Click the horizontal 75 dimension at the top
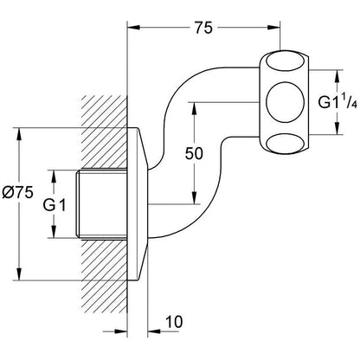coord(203,28)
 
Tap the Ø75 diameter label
coord(18,192)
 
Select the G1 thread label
coord(55,205)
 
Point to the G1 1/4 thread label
coord(337,101)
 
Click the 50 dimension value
coord(194,153)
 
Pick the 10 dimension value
coord(174,322)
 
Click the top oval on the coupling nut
coord(285,61)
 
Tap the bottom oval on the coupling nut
coord(285,143)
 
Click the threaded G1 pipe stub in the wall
coord(102,203)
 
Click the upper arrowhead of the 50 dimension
coord(194,109)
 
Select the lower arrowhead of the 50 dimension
coord(194,197)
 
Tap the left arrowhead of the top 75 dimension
coord(134,28)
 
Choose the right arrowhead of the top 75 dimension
coord(273,28)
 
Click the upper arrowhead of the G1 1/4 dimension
coord(337,77)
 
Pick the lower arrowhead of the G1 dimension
coord(54,231)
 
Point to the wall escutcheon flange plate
coord(138,203)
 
